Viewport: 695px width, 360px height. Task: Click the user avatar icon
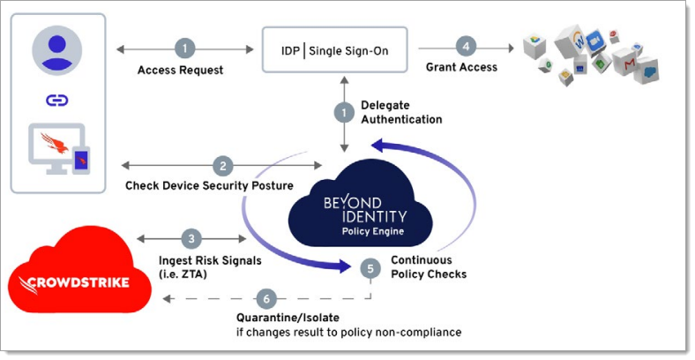pos(57,48)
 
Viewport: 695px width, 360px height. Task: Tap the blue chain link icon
pos(57,100)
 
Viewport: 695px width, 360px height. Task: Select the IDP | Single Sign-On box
pos(339,49)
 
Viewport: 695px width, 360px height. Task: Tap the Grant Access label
pos(461,67)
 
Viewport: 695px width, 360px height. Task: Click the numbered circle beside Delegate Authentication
pos(342,113)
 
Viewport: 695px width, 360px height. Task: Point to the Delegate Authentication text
pos(401,112)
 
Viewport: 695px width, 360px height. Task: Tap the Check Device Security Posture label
pos(209,185)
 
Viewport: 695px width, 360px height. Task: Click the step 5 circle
pos(370,267)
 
